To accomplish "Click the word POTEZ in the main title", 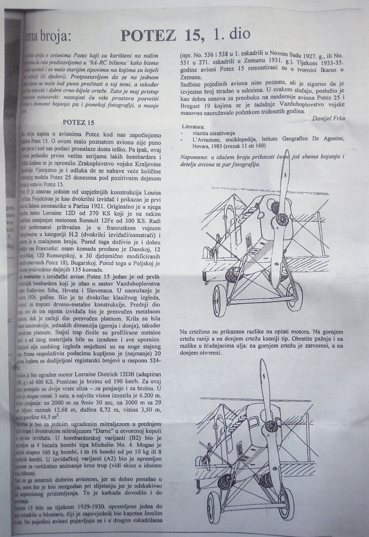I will (x=149, y=36).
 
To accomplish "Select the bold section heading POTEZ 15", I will (x=78, y=122).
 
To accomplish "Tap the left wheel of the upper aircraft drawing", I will (x=219, y=300).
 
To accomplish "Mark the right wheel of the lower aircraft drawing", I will (x=286, y=507).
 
